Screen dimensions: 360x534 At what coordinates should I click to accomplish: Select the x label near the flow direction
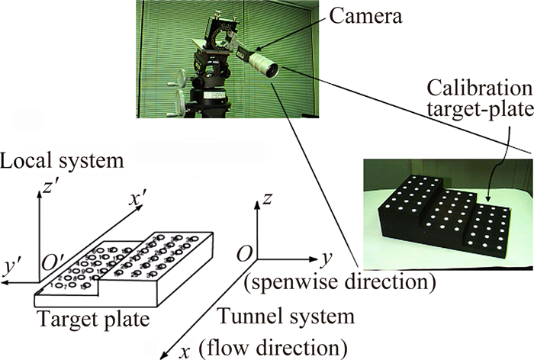184,351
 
